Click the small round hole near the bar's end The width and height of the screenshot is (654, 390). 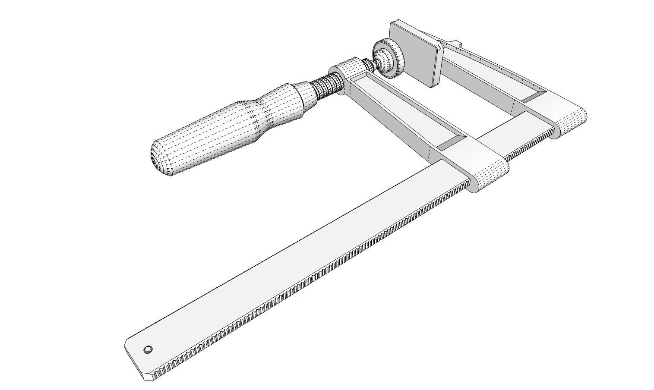coord(148,349)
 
